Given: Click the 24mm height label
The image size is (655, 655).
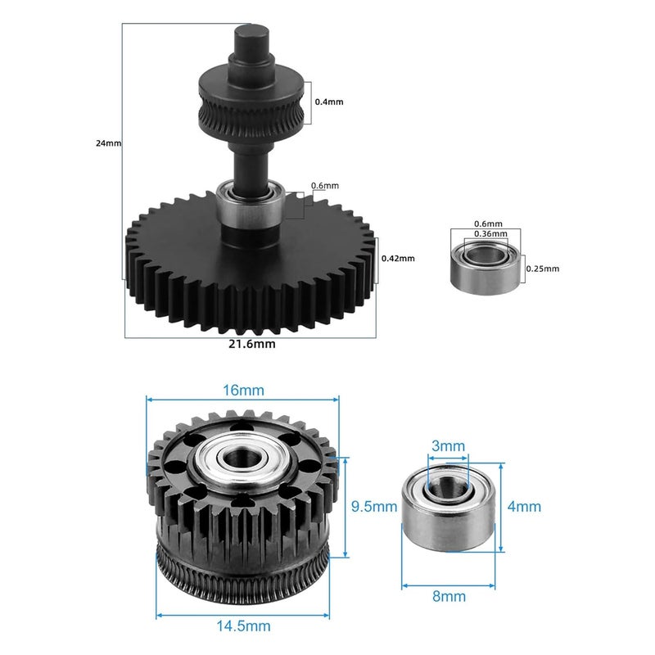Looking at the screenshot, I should (108, 143).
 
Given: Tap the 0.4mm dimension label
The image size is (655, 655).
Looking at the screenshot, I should (328, 102).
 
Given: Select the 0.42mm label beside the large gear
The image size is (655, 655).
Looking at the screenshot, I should (398, 259).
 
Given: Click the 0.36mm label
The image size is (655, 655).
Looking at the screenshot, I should (490, 233).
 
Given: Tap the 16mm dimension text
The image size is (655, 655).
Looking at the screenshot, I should (242, 390).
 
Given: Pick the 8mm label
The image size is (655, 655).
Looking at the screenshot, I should (448, 597).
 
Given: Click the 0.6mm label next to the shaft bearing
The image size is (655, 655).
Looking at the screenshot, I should (324, 186).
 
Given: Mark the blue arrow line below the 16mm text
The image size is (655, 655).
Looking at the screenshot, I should (242, 400).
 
